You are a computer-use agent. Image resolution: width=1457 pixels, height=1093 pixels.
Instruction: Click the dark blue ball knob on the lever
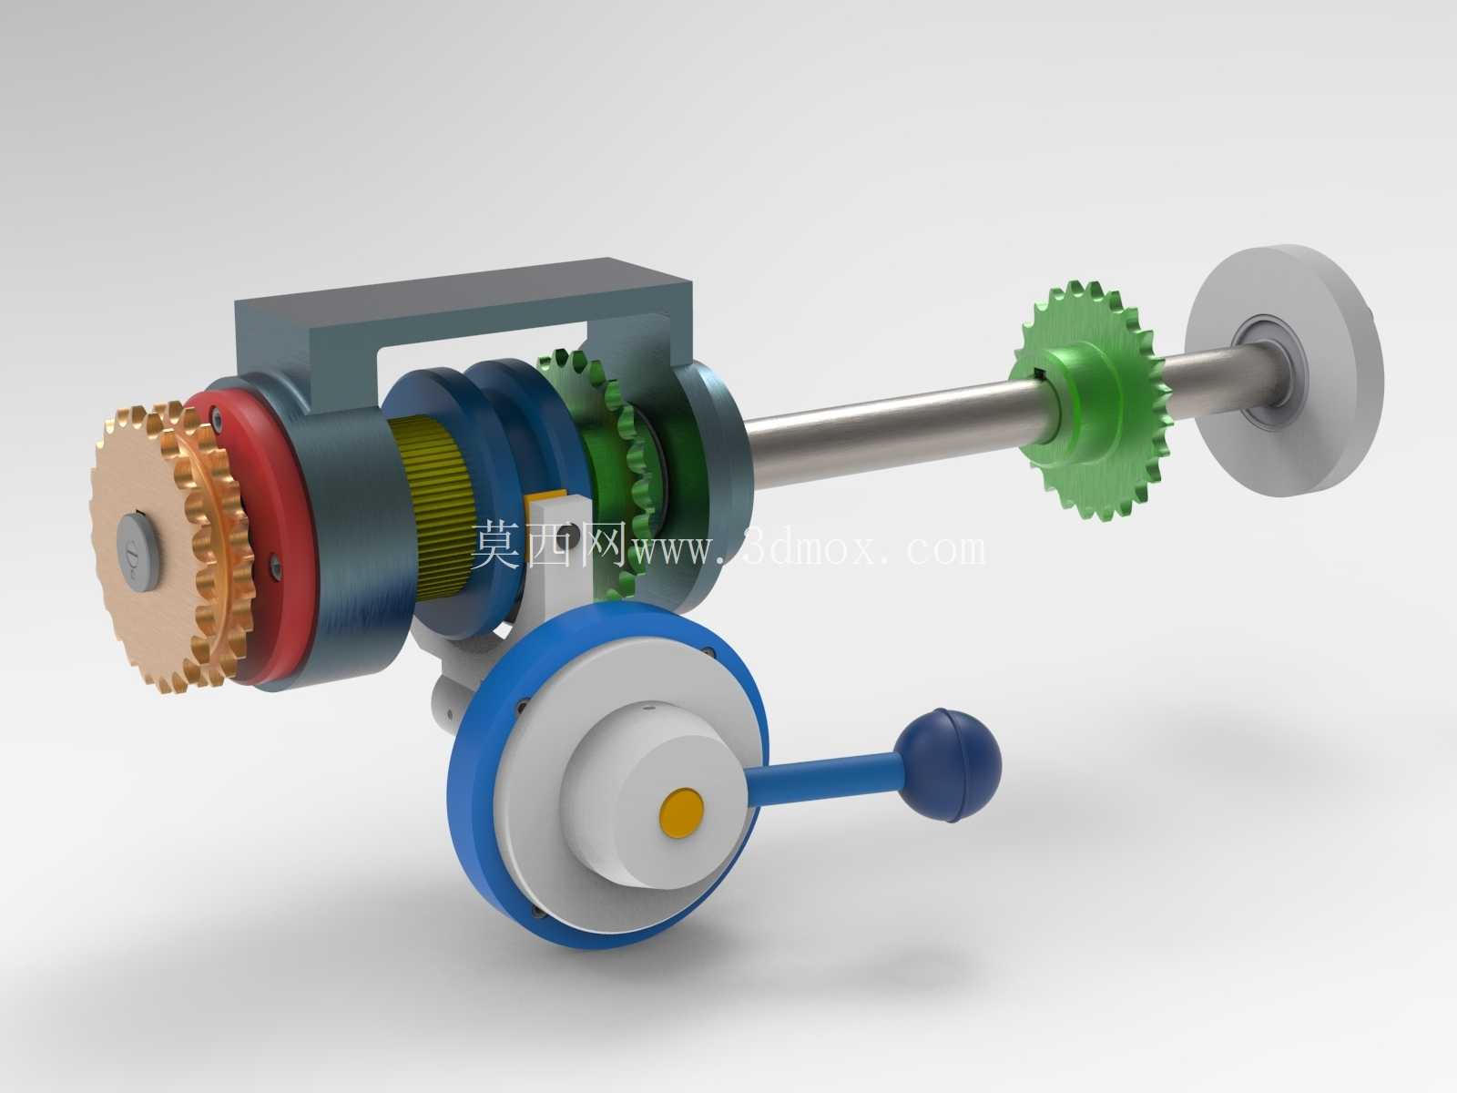947,765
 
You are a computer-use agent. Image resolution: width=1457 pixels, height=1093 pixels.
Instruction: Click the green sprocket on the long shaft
1086,400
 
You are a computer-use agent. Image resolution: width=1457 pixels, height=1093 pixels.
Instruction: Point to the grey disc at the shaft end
1283,371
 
